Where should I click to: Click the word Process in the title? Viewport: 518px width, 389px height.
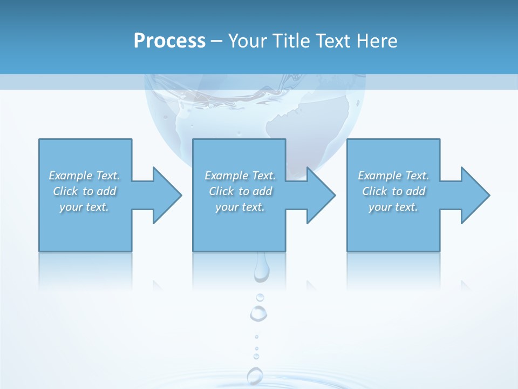click(169, 41)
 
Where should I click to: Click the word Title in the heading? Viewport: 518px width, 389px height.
click(291, 41)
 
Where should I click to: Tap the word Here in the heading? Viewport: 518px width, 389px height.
click(376, 41)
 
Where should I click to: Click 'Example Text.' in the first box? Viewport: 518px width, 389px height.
click(84, 176)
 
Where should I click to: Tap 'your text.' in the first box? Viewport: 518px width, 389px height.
click(84, 207)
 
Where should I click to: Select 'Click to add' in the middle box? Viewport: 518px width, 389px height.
click(240, 191)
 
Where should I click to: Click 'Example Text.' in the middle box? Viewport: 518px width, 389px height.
click(240, 176)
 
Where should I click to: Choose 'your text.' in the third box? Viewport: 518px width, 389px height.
click(393, 207)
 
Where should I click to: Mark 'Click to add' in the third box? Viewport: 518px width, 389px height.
click(393, 191)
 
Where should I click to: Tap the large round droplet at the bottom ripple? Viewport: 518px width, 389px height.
click(255, 375)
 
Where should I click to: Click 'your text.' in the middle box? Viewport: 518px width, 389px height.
click(240, 207)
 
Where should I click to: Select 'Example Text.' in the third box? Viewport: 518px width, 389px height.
click(393, 176)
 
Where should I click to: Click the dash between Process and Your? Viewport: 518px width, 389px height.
click(216, 41)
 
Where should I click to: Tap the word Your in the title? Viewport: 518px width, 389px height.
click(248, 41)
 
